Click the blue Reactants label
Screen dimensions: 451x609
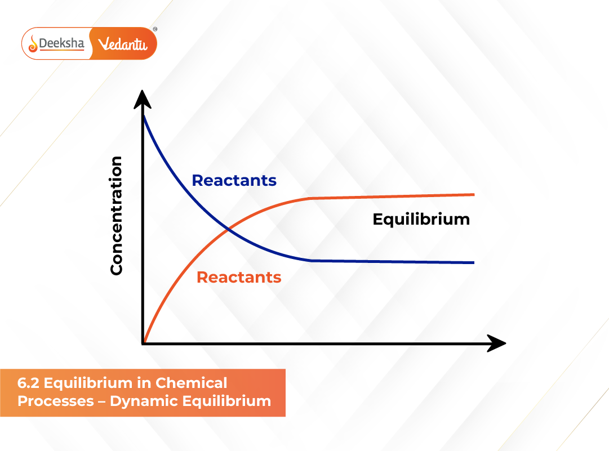[234, 181]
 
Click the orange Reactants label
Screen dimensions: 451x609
[239, 277]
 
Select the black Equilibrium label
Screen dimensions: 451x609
[421, 219]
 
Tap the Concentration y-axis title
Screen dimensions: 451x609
[117, 216]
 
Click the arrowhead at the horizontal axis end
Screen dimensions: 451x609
[496, 343]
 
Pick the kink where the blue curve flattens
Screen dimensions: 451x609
[311, 260]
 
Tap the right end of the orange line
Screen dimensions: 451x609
[474, 194]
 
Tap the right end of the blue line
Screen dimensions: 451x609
[474, 262]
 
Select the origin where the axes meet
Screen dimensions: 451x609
[144, 343]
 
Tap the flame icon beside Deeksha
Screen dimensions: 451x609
[33, 43]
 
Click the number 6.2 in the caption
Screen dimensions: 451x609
[28, 383]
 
